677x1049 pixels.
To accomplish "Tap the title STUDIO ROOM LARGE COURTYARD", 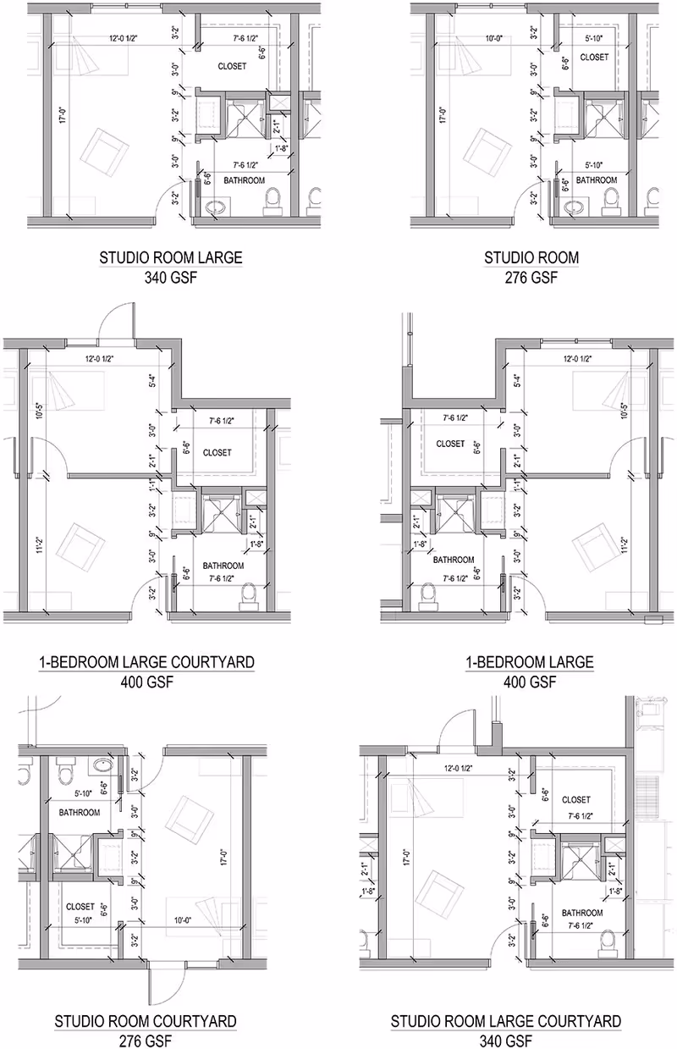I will coord(505,1022).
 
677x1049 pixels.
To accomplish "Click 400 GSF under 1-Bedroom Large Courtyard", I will coord(146,682).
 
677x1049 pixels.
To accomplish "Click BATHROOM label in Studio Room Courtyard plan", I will coord(80,812).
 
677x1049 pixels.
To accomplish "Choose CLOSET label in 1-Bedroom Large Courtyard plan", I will coord(217,453).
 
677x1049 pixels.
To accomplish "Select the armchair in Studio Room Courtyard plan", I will coord(188,818).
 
